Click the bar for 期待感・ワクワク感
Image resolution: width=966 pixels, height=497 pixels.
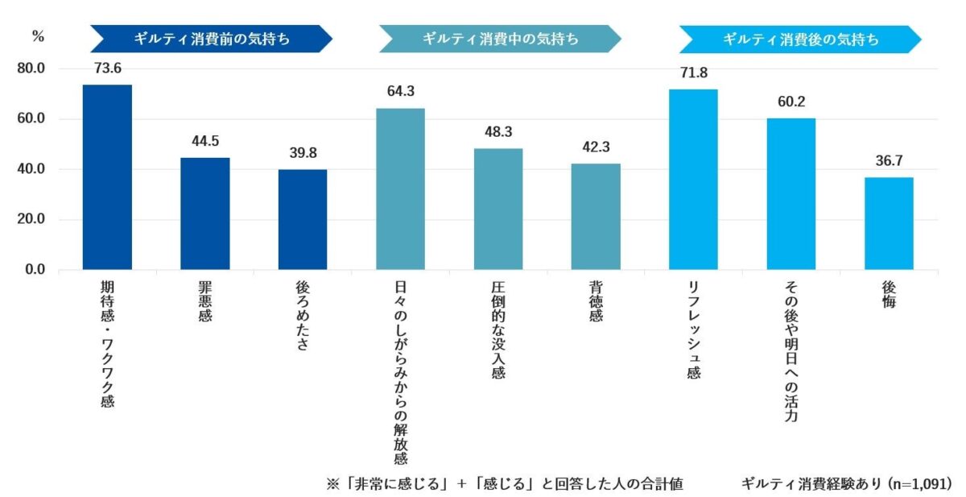107,177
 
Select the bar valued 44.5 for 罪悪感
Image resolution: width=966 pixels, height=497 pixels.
204,213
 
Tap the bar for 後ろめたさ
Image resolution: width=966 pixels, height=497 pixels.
303,219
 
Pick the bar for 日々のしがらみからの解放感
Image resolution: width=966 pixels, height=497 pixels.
400,188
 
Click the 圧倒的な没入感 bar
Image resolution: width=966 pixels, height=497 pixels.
498,209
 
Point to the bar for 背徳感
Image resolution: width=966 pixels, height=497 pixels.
596,216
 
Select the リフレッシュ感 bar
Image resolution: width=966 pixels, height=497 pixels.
693,179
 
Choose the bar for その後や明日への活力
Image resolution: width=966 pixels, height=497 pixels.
791,193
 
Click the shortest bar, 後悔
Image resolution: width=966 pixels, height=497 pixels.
889,223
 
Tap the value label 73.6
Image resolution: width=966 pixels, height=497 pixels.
107,68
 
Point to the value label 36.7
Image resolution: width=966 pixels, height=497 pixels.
889,161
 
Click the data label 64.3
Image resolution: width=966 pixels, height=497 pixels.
400,92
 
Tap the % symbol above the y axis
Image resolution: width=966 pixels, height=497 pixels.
37,35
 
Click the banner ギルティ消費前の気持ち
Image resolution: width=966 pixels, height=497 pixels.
211,39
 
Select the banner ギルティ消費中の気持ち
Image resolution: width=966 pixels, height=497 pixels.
500,39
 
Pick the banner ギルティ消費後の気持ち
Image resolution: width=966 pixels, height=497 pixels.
800,39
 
